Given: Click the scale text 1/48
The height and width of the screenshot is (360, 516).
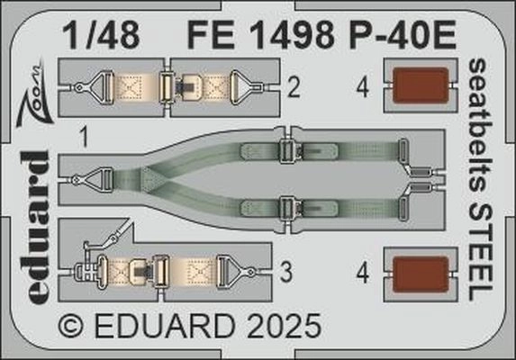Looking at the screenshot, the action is (102, 35).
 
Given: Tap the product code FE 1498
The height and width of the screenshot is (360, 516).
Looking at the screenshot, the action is (260, 35).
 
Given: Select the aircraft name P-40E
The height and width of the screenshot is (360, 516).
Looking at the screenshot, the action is (403, 35).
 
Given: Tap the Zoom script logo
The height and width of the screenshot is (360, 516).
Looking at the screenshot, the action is (34, 93).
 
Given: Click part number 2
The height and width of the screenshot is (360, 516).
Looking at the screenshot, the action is (294, 88).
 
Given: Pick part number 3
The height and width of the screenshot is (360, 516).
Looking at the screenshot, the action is (286, 272).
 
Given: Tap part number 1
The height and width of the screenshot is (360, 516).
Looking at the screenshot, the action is (85, 138).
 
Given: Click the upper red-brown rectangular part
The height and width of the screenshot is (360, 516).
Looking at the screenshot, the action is (421, 85).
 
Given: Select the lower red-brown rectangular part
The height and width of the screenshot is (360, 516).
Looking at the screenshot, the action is (421, 274).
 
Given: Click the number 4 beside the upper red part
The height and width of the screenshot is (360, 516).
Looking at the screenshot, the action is (363, 88).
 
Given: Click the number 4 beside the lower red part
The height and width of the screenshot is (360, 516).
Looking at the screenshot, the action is (363, 274).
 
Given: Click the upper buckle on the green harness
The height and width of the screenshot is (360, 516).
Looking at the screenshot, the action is (288, 151).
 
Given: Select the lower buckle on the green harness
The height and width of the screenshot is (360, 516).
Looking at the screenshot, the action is (288, 209).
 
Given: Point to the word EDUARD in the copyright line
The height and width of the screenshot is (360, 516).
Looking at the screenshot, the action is (165, 326).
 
